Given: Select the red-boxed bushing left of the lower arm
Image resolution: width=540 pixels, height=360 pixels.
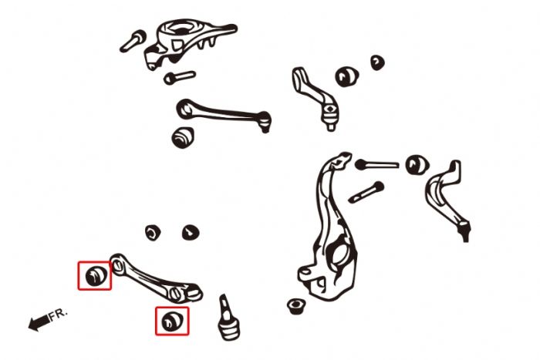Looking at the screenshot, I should coord(95,275).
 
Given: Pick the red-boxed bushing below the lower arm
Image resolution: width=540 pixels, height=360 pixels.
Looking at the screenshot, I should coord(171,321).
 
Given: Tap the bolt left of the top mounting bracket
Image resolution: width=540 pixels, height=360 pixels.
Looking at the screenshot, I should coord(133,41).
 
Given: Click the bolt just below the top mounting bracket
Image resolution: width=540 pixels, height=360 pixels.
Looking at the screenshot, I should coord(179,77).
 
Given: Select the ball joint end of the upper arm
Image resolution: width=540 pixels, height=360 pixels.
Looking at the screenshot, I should coord(264,119).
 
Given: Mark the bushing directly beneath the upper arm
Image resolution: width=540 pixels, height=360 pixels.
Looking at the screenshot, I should coord(183,137).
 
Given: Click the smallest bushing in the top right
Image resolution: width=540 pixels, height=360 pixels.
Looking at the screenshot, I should coord(376,62).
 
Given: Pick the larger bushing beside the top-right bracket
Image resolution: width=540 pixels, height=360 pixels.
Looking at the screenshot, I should coord(346,76).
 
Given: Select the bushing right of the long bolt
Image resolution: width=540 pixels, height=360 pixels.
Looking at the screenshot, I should coord(417,164).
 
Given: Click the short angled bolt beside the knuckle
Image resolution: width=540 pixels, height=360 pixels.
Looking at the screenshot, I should coord(366,192).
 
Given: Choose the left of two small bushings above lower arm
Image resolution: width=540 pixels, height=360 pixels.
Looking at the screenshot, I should coord(154,231).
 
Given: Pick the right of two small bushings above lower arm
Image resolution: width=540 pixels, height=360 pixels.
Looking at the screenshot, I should coord(190,231).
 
